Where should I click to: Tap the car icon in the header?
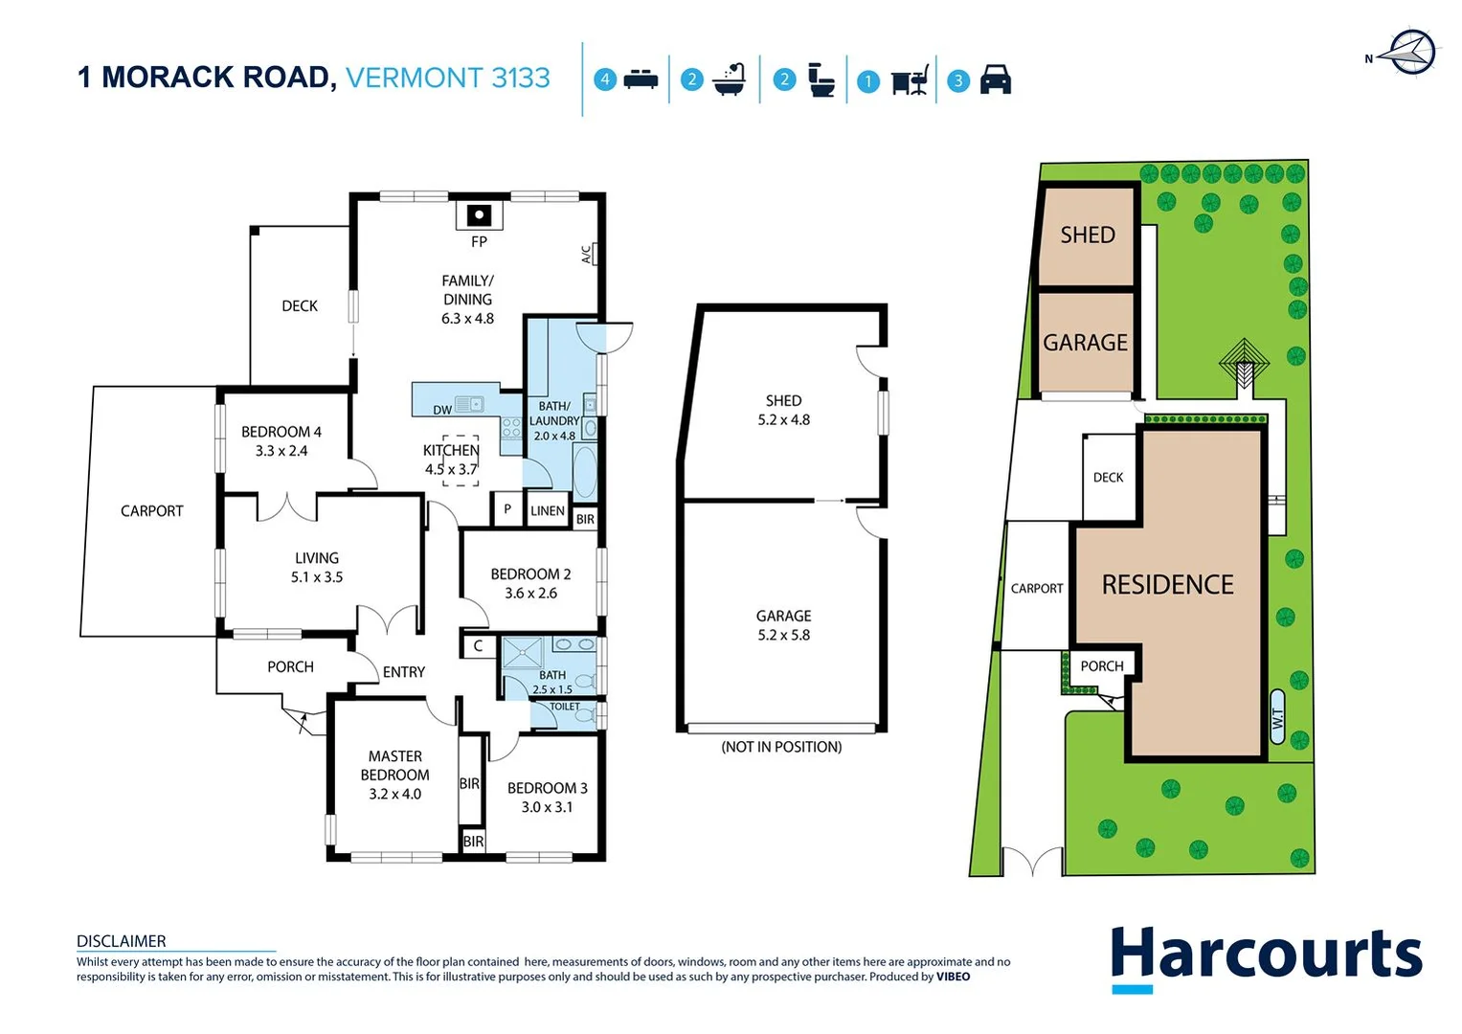point(996,79)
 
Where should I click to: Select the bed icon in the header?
point(641,79)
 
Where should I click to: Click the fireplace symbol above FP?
point(479,214)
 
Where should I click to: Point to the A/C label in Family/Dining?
point(588,254)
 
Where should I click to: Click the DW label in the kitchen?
point(442,410)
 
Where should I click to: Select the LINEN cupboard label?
point(548,510)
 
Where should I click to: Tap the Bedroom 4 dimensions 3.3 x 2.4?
point(281,451)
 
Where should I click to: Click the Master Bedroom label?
point(394,765)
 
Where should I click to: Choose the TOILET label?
point(565,707)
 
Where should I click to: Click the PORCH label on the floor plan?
point(290,666)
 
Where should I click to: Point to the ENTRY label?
point(404,672)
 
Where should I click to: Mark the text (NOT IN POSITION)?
point(781,747)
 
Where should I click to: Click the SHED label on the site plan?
point(1088,235)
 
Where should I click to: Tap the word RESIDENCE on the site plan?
point(1167,584)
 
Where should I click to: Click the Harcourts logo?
point(1266,956)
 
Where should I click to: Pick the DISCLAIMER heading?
point(122,941)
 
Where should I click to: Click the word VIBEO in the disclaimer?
point(953,977)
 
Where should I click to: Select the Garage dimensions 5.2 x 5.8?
point(783,635)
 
